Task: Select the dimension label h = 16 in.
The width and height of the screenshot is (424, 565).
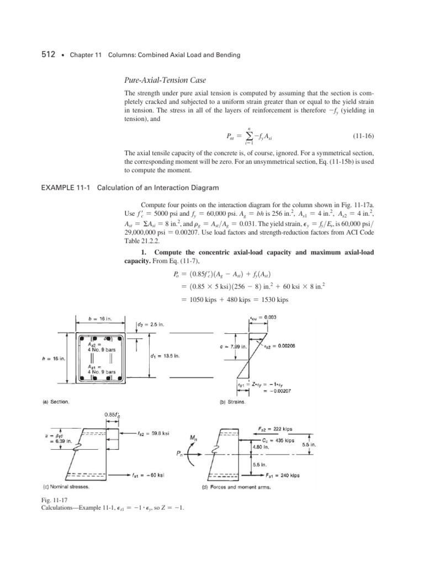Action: [x=55, y=358]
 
